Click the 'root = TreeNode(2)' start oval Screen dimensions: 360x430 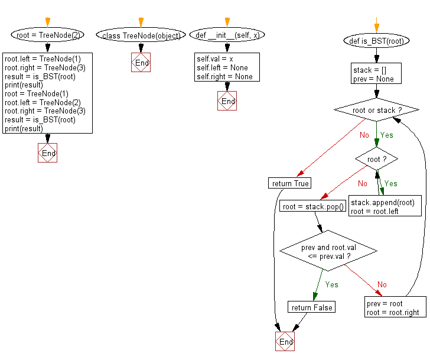47,35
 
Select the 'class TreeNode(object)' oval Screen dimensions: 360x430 141,35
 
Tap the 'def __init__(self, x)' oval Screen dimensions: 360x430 227,35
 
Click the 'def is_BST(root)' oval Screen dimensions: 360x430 376,41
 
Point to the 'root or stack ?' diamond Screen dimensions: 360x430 376,110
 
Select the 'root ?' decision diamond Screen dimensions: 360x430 376,159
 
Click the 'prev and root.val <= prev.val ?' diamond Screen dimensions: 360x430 328,252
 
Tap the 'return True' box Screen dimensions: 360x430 289,183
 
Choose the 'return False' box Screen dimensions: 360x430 311,307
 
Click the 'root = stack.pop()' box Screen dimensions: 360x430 313,207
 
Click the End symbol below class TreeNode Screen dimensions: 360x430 141,63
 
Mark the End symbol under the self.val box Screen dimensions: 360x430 227,101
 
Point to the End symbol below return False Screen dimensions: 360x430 285,342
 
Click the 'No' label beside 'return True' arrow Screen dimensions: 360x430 364,135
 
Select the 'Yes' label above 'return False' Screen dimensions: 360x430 332,284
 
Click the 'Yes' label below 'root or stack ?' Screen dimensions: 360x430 387,135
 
